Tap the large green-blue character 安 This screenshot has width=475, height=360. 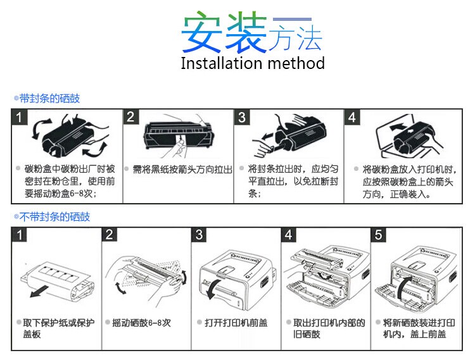tap(203, 32)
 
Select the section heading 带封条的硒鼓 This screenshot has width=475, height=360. tap(49, 98)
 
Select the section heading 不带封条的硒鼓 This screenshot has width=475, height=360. tap(54, 217)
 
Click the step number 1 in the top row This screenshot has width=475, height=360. tap(20, 117)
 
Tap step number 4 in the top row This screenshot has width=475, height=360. tap(352, 117)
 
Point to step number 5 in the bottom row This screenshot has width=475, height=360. tap(378, 235)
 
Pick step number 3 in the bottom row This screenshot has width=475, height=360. tap(199, 235)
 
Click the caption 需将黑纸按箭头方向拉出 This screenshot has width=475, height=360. tap(182, 170)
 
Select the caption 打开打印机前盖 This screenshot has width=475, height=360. tap(236, 323)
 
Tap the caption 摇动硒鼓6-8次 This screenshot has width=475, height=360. tap(141, 323)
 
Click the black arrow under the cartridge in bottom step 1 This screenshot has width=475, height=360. tap(39, 291)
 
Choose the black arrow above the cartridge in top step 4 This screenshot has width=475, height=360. tap(398, 127)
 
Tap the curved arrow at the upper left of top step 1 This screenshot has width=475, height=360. tap(41, 128)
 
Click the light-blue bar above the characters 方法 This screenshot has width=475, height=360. tap(293, 20)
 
